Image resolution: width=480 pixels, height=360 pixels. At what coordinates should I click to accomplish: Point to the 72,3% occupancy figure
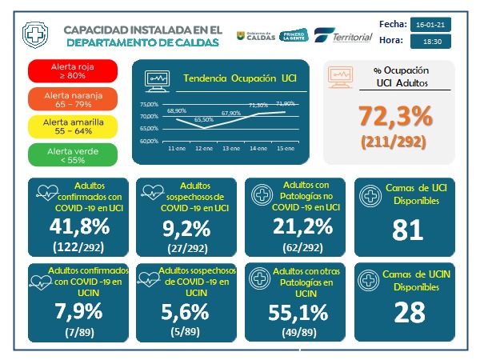click(x=395, y=117)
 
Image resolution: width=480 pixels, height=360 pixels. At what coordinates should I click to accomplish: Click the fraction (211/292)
click(x=395, y=142)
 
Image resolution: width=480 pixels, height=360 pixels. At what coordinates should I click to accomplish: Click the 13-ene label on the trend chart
click(x=232, y=149)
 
